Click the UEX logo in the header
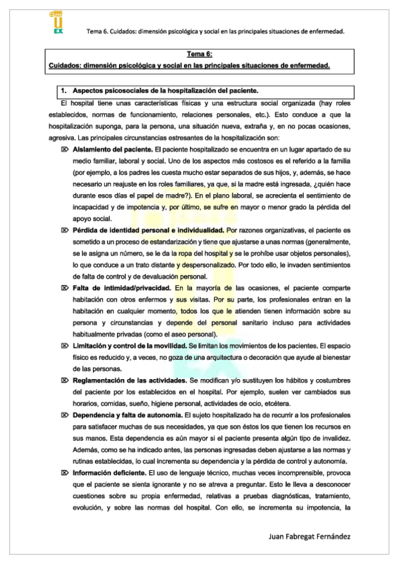(56, 23)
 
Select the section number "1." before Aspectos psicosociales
(64, 90)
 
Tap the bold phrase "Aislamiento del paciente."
(112, 152)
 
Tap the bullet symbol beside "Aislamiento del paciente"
(64, 152)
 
